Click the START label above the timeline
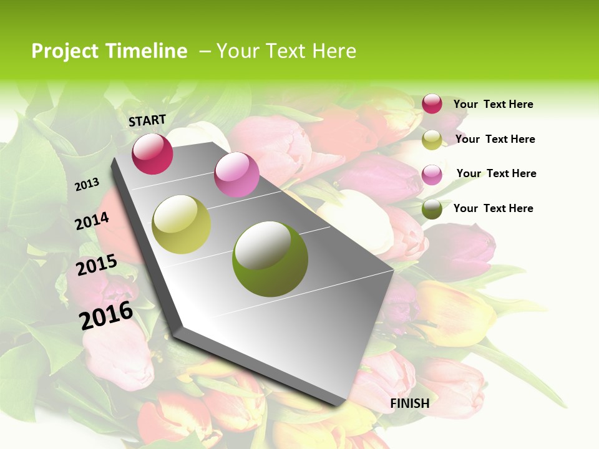pyautogui.click(x=147, y=120)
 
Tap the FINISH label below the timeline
pyautogui.click(x=410, y=403)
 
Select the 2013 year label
pyautogui.click(x=87, y=184)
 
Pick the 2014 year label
pyautogui.click(x=92, y=221)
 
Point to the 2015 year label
pyautogui.click(x=97, y=265)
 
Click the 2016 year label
pyautogui.click(x=106, y=315)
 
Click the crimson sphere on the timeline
pyautogui.click(x=152, y=153)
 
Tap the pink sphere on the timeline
pyautogui.click(x=236, y=175)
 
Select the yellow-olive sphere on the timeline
pyautogui.click(x=182, y=224)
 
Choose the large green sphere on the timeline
pyautogui.click(x=270, y=259)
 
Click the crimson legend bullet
pyautogui.click(x=432, y=104)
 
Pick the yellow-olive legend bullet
pyautogui.click(x=432, y=140)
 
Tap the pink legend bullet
pyautogui.click(x=432, y=174)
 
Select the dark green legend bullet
pyautogui.click(x=432, y=209)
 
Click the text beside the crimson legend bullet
pyautogui.click(x=493, y=104)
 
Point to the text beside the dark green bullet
pyautogui.click(x=493, y=208)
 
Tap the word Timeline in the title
pyautogui.click(x=147, y=51)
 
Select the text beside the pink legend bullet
pyautogui.click(x=496, y=173)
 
